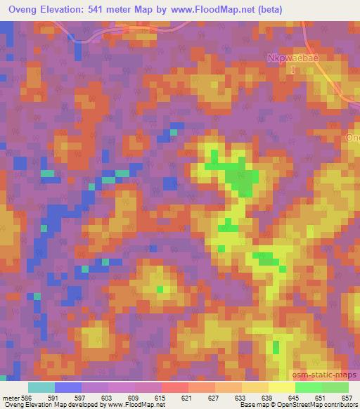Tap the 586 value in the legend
click(27, 398)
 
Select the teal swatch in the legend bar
click(41, 387)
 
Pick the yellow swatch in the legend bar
click(281, 387)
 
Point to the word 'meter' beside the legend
click(10, 398)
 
